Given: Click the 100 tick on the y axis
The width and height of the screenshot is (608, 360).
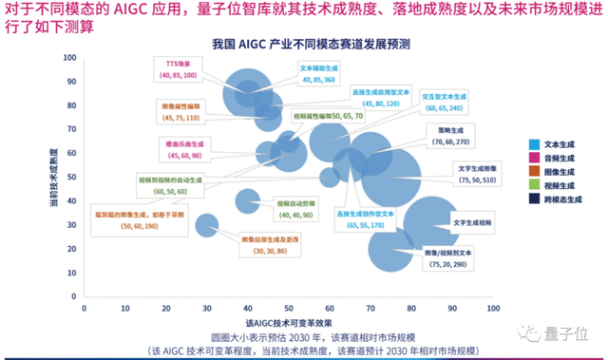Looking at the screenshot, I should (x=71, y=58).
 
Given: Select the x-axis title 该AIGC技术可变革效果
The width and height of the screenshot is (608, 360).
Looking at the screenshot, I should (x=289, y=324).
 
